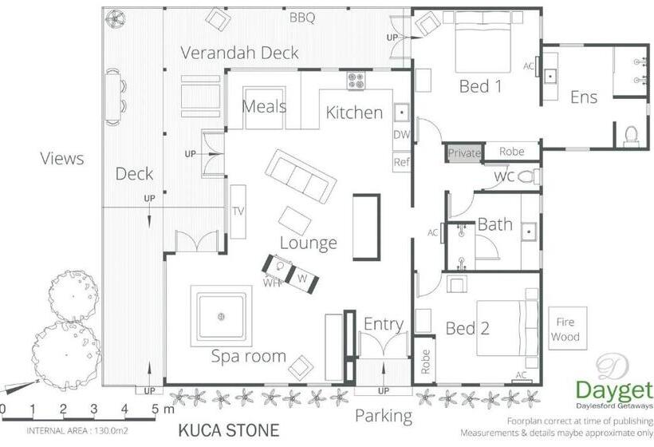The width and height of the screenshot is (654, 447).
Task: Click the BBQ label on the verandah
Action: click(x=302, y=17)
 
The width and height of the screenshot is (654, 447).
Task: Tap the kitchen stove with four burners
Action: click(x=356, y=81)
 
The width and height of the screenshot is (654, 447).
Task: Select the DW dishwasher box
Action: click(x=401, y=135)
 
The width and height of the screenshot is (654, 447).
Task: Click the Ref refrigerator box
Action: click(x=401, y=162)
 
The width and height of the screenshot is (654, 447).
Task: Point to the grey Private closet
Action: click(x=464, y=152)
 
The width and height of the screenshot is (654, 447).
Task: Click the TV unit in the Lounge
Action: click(x=238, y=211)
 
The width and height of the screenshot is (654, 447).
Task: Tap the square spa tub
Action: click(x=220, y=317)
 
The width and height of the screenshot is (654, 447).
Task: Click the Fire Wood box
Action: click(x=565, y=328)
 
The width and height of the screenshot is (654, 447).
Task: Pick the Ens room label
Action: click(x=583, y=97)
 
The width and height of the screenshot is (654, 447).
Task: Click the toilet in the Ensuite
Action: click(x=631, y=134)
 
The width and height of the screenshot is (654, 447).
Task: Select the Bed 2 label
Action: click(x=467, y=328)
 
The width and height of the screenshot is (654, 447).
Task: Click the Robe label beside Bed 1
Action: click(x=511, y=152)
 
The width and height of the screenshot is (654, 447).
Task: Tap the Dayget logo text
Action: click(x=614, y=391)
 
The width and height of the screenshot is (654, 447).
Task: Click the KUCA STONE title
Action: click(x=228, y=431)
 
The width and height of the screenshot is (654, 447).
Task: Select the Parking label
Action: click(x=384, y=415)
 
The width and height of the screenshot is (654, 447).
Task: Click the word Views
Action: click(x=61, y=158)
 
